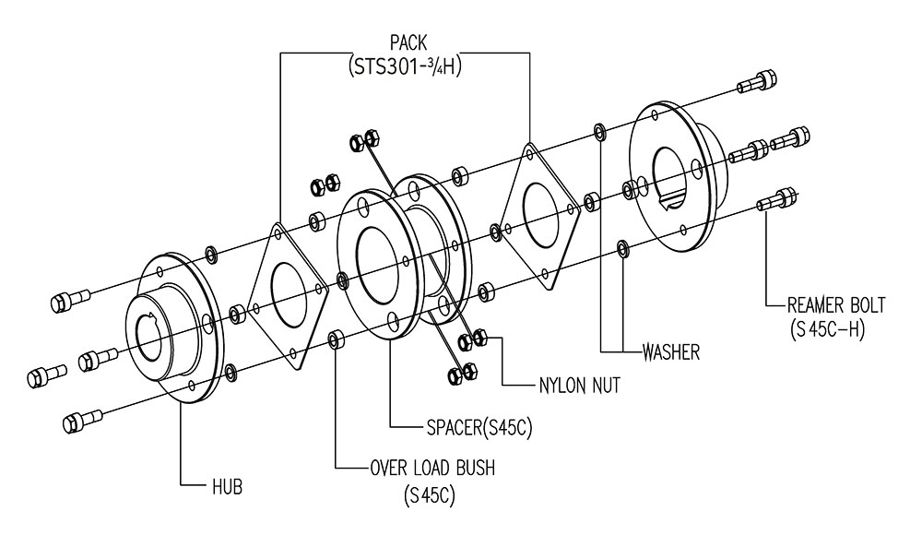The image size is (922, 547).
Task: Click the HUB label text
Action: tap(227, 486)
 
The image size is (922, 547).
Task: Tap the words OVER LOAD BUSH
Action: tap(432, 468)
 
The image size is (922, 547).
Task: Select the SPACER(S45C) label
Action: tap(479, 428)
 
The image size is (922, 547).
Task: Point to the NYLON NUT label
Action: tap(579, 386)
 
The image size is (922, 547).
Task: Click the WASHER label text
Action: tap(671, 352)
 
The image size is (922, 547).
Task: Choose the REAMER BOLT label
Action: tap(835, 306)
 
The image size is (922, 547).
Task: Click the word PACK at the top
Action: tap(408, 43)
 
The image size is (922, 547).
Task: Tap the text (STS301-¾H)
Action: tap(405, 66)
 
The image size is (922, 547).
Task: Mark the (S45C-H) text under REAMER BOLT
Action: tap(828, 329)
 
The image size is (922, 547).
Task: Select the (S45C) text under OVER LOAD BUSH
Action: tap(430, 495)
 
